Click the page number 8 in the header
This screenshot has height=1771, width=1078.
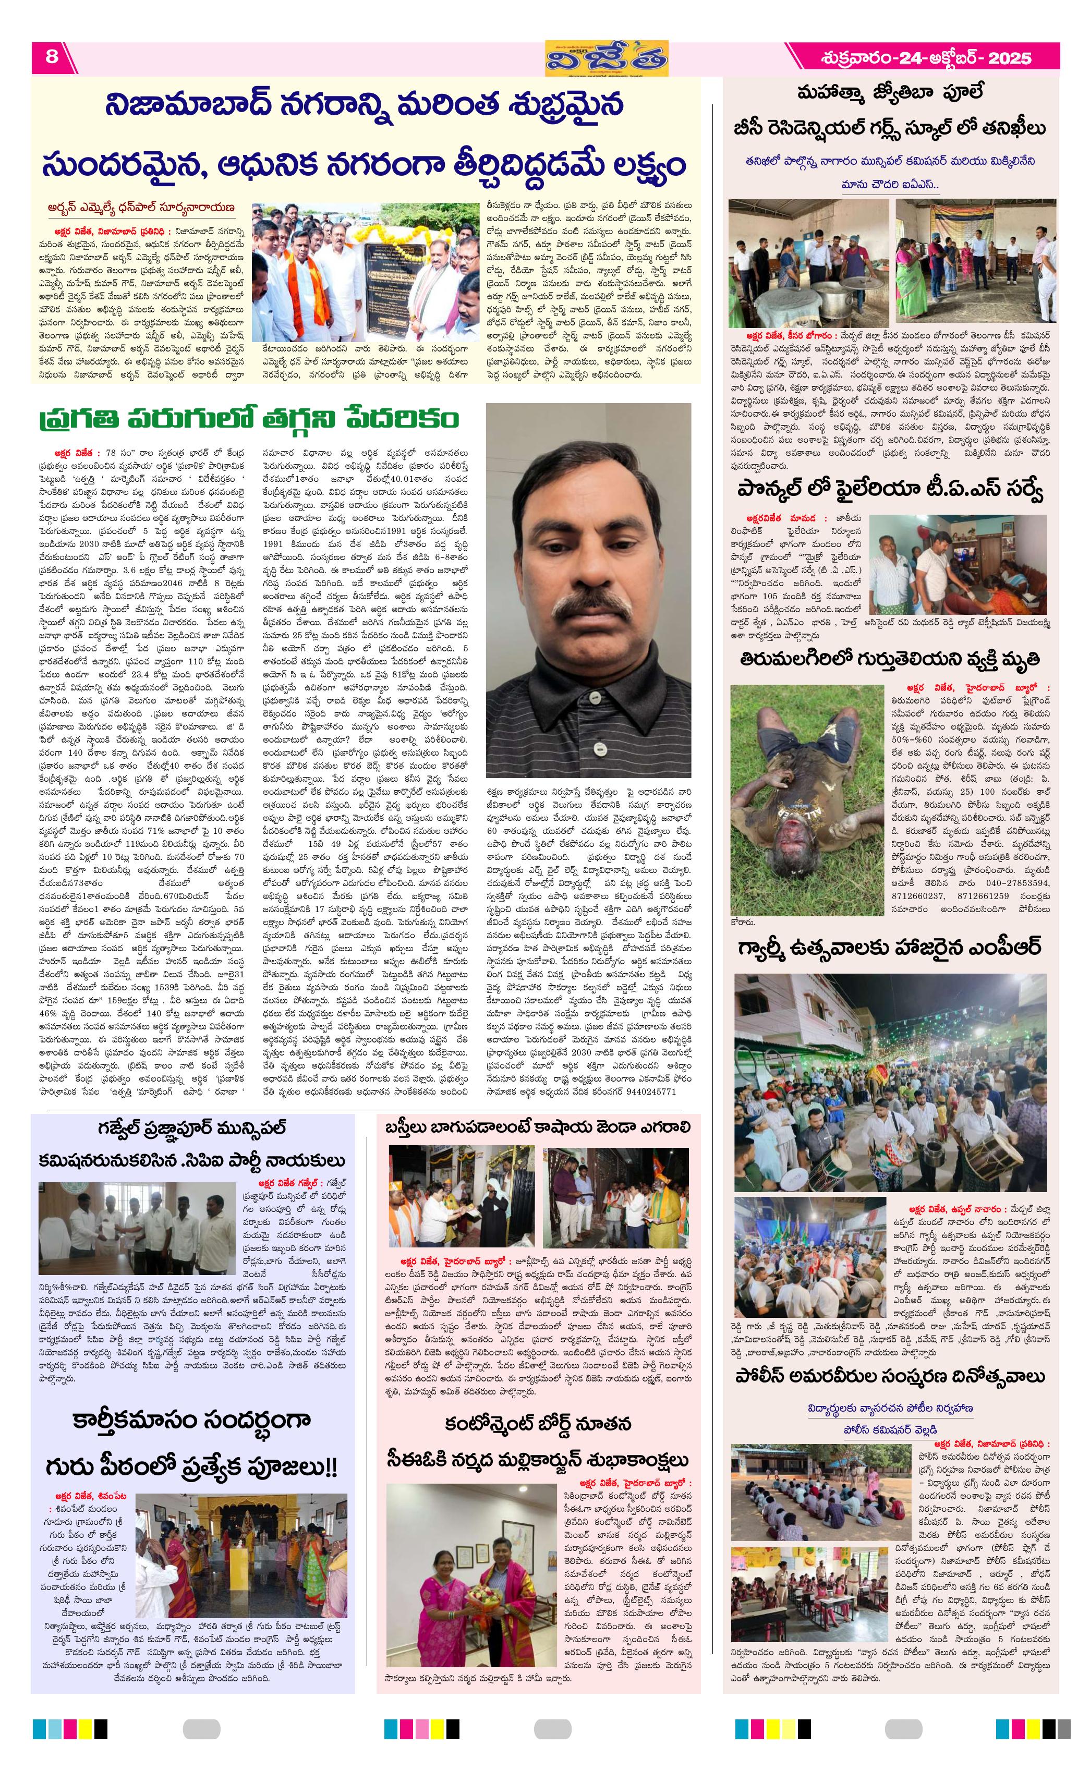[x=52, y=57]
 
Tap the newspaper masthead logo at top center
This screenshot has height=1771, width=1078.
[x=606, y=57]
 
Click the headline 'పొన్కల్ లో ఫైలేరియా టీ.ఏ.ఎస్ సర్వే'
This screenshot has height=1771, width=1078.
[x=890, y=490]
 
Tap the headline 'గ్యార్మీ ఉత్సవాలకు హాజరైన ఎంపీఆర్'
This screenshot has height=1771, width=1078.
[x=890, y=948]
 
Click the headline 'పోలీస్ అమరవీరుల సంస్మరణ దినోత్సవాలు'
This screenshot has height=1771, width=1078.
[x=890, y=1376]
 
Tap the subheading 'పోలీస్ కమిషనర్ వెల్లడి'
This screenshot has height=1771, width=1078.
[x=890, y=1429]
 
